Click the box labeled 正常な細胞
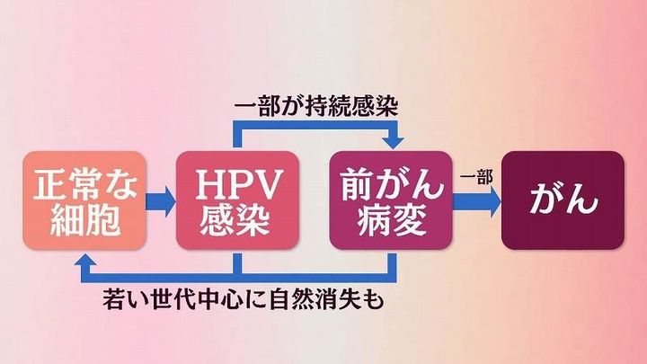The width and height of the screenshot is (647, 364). (83, 200)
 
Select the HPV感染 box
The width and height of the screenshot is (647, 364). (237, 200)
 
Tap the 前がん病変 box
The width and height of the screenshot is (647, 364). (392, 200)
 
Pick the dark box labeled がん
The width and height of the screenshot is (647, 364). (563, 200)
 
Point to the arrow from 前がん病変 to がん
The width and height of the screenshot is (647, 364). (476, 200)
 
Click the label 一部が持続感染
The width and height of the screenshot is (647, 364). (315, 107)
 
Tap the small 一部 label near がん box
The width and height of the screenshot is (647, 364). (475, 177)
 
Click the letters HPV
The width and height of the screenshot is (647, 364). (238, 182)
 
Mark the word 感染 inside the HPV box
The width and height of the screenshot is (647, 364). (238, 219)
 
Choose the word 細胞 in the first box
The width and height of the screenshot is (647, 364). (83, 219)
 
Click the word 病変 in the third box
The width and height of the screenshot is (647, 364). (392, 219)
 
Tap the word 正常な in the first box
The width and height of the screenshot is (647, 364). (83, 182)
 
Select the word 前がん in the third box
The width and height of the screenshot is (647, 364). (392, 182)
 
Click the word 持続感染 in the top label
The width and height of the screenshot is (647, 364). (357, 107)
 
